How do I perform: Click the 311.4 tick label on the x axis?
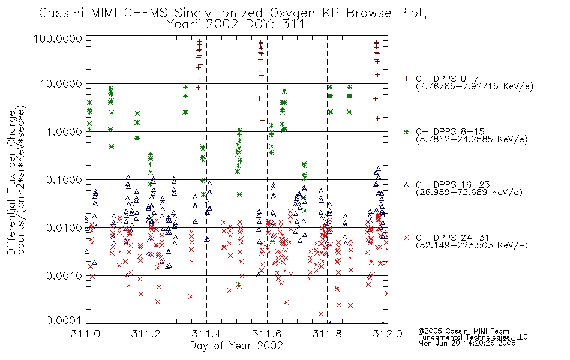pyautogui.click(x=206, y=334)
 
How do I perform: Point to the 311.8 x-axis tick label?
pyautogui.click(x=327, y=334)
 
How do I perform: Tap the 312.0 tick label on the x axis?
pyautogui.click(x=388, y=334)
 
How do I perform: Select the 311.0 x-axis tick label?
pyautogui.click(x=85, y=334)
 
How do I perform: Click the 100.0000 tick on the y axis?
pyautogui.click(x=58, y=38)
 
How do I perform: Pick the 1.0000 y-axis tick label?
pyautogui.click(x=64, y=131)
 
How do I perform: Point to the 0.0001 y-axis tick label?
pyautogui.click(x=64, y=320)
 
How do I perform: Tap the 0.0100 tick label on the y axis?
pyautogui.click(x=64, y=228)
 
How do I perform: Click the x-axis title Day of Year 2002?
pyautogui.click(x=236, y=346)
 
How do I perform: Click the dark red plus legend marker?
pyautogui.click(x=406, y=79)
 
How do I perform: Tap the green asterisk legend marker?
pyautogui.click(x=406, y=131)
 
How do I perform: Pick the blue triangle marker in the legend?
pyautogui.click(x=406, y=185)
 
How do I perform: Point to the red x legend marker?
pyautogui.click(x=406, y=238)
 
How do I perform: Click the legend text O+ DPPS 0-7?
pyautogui.click(x=447, y=79)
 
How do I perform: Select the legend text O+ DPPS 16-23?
pyautogui.click(x=453, y=184)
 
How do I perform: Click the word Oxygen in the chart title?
pyautogui.click(x=292, y=13)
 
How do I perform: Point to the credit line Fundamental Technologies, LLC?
pyautogui.click(x=473, y=337)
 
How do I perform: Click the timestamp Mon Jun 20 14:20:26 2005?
pyautogui.click(x=467, y=343)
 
